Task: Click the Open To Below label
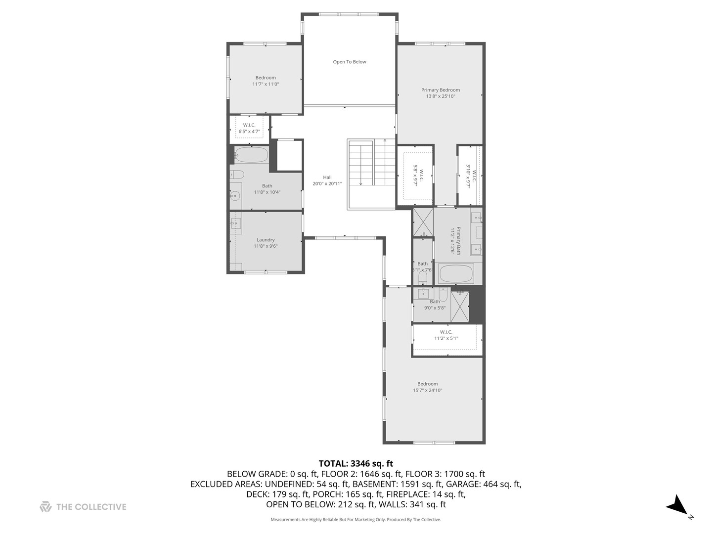click(x=350, y=62)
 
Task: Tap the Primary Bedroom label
click(x=441, y=90)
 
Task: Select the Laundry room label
click(x=266, y=240)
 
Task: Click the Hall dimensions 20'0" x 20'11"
click(x=327, y=183)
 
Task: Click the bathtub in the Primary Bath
click(x=456, y=273)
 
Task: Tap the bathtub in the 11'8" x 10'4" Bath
click(x=251, y=155)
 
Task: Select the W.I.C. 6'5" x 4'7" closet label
click(x=249, y=128)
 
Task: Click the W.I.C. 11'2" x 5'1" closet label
click(x=446, y=335)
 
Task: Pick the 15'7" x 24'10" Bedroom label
click(x=427, y=387)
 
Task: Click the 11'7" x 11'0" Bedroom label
click(x=266, y=81)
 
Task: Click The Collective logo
click(x=83, y=507)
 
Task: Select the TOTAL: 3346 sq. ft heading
click(x=356, y=463)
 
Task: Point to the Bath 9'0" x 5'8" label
click(x=435, y=305)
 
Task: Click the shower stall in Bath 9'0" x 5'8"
click(x=460, y=307)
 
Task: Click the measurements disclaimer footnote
click(x=356, y=520)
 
